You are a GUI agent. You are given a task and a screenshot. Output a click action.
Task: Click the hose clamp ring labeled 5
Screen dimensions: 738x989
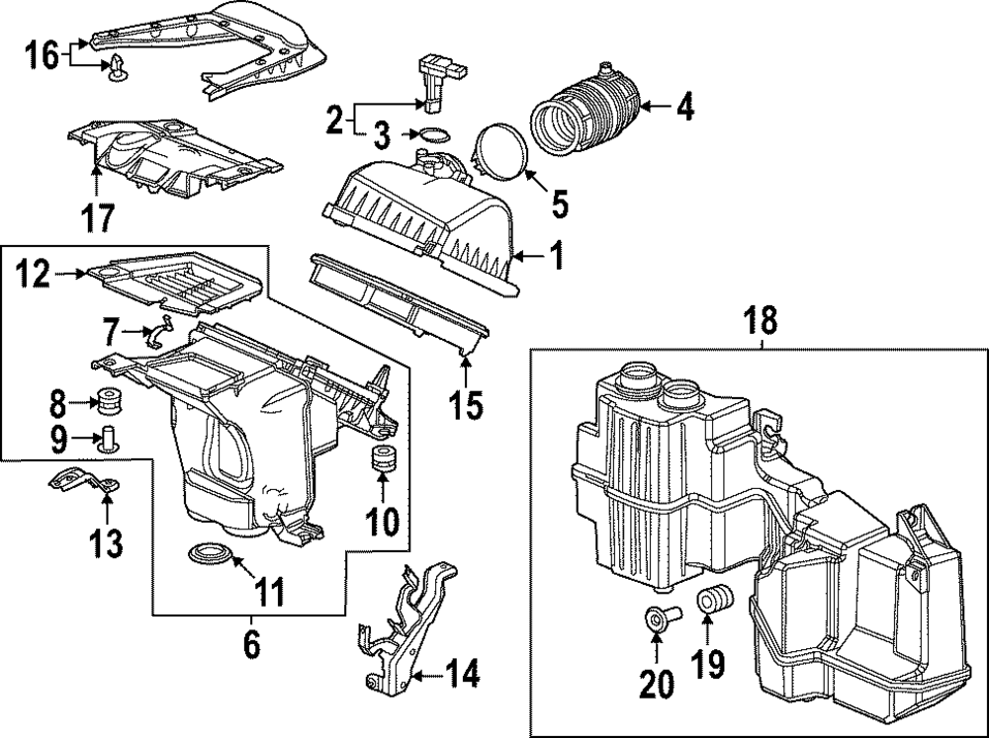(501, 156)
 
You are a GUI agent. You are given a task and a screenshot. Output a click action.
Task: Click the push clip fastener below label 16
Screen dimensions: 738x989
(120, 68)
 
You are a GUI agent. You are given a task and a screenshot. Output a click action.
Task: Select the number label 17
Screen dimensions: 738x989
(99, 216)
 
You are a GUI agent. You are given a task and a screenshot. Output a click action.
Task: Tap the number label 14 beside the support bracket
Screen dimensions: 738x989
(462, 675)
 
